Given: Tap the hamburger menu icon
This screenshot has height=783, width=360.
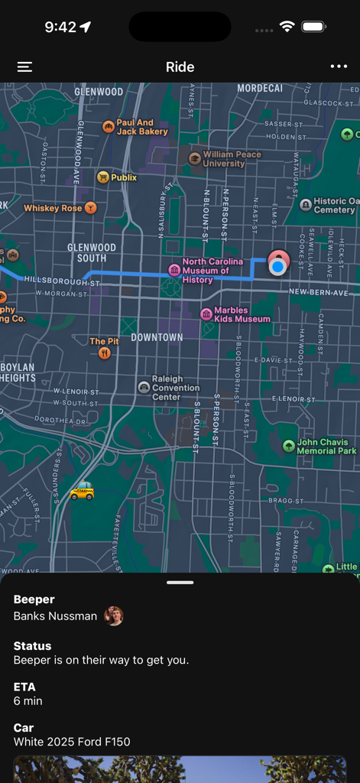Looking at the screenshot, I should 24,67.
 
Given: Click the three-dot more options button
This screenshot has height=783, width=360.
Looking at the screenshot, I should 339,67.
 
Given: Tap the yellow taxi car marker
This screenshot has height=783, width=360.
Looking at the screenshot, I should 82,491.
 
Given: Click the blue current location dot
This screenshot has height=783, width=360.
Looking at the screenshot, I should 278,266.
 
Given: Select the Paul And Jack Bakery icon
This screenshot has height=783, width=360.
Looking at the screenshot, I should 109,126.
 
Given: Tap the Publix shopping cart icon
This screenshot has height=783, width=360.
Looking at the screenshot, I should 102,177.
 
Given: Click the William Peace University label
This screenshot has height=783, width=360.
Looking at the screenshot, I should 232,159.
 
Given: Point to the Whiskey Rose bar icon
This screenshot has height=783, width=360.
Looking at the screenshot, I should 91,208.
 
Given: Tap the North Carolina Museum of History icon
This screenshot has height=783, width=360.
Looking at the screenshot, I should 174,270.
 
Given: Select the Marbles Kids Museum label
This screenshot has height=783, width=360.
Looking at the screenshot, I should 242,314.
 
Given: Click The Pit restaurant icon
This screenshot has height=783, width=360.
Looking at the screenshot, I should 105,353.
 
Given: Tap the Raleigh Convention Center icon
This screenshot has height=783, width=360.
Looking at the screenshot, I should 144,388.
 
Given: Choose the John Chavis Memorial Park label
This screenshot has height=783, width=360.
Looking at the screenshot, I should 326,447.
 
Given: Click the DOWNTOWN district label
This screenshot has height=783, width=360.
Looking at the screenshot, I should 157,337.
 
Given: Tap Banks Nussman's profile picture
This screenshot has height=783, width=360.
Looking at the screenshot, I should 114,616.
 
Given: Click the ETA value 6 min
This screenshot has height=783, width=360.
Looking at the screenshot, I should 28,701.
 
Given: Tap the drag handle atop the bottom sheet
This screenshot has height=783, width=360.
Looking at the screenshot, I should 180,583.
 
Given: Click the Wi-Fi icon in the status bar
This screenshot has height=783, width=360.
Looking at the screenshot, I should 287,27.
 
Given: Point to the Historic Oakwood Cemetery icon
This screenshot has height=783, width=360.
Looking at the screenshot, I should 306,205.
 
